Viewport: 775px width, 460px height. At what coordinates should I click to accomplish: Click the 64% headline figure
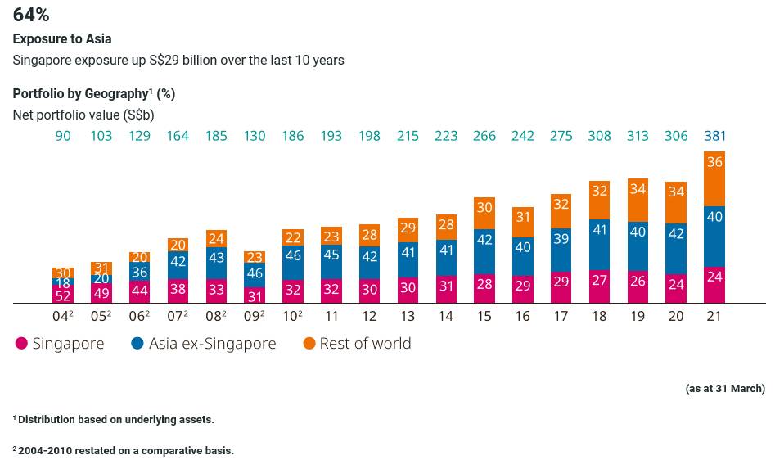(31, 15)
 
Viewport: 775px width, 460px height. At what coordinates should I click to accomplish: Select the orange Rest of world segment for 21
(714, 178)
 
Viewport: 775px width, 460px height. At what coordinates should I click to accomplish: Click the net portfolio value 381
(714, 136)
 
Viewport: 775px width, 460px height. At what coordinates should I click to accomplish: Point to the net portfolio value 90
(63, 136)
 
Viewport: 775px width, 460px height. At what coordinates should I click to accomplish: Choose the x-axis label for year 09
(255, 316)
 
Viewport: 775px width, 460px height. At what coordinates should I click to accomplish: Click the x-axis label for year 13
(408, 316)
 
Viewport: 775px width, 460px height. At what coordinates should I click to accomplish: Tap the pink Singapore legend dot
(22, 344)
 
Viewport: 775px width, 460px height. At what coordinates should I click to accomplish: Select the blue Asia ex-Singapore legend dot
(137, 344)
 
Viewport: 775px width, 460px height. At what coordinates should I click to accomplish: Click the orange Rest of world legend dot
(309, 344)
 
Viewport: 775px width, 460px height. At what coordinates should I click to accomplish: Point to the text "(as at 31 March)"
(725, 389)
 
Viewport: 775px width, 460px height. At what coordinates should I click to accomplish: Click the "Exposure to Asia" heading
(62, 38)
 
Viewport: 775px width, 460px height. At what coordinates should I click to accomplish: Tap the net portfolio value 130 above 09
(255, 136)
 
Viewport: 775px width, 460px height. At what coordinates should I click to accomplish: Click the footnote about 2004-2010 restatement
(124, 450)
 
